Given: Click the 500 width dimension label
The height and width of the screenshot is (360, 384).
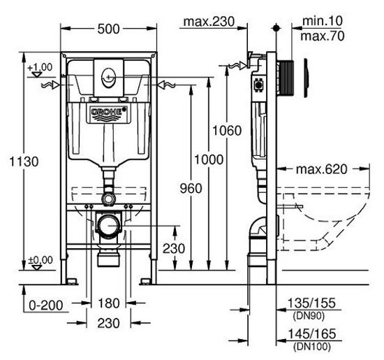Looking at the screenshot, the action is tap(108, 29).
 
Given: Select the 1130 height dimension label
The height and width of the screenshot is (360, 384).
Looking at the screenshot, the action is tap(24, 162).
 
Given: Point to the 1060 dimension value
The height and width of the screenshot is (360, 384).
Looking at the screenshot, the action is tap(227, 131).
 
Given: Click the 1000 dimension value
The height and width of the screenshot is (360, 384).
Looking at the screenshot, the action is tap(209, 159).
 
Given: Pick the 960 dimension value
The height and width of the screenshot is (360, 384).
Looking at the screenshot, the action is tap(191, 188).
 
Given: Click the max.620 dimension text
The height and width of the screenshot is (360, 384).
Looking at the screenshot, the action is tap(322, 169).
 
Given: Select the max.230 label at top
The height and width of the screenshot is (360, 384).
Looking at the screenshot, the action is tap(209, 22).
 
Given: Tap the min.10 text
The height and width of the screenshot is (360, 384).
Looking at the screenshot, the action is tap(323, 21).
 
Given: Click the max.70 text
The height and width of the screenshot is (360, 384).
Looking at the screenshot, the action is tap(323, 36).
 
